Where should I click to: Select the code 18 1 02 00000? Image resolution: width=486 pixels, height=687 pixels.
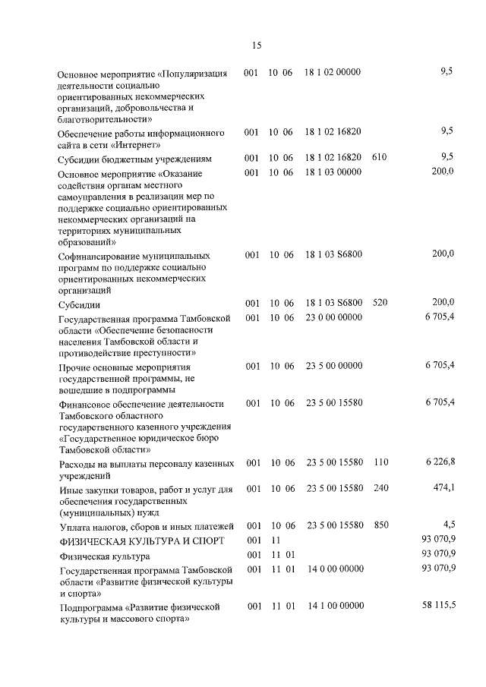click(333, 72)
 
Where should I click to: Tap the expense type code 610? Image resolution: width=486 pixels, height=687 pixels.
click(380, 158)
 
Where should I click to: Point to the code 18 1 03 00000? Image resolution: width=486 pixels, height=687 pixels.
click(333, 172)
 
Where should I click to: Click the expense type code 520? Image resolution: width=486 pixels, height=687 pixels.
click(380, 302)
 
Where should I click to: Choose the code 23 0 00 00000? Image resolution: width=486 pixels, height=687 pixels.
click(333, 317)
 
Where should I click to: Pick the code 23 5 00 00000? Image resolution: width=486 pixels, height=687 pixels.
click(333, 366)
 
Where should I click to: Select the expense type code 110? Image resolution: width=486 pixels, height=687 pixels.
click(380, 462)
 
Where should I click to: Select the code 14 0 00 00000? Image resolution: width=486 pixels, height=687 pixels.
click(335, 569)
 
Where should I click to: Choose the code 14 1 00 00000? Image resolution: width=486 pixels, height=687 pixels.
click(335, 607)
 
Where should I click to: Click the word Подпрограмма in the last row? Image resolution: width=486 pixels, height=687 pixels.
click(90, 608)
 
